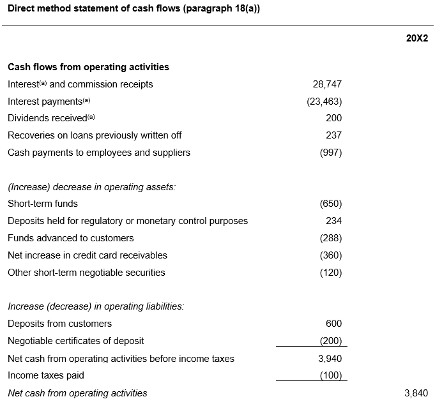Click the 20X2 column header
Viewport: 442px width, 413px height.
point(417,38)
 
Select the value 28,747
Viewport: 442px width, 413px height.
point(327,84)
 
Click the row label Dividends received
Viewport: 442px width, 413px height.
point(47,118)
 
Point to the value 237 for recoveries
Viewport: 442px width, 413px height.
point(334,135)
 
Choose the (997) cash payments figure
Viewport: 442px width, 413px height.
point(331,153)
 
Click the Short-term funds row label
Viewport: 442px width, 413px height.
point(43,204)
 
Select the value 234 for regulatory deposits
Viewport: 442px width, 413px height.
point(334,221)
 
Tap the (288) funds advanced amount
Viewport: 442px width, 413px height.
point(331,238)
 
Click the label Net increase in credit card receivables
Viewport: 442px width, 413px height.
point(88,255)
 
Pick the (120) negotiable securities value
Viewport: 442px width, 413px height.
point(331,273)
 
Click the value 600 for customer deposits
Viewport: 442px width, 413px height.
point(334,324)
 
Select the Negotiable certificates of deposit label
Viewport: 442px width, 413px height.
point(76,341)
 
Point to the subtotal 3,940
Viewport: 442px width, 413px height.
point(330,359)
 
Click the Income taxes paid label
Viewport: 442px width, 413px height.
point(46,375)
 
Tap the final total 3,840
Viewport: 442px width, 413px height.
point(416,393)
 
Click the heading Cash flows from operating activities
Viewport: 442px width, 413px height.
point(89,67)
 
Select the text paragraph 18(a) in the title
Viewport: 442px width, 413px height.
point(221,8)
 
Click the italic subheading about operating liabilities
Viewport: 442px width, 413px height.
point(96,306)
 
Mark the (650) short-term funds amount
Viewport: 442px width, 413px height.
point(331,204)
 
